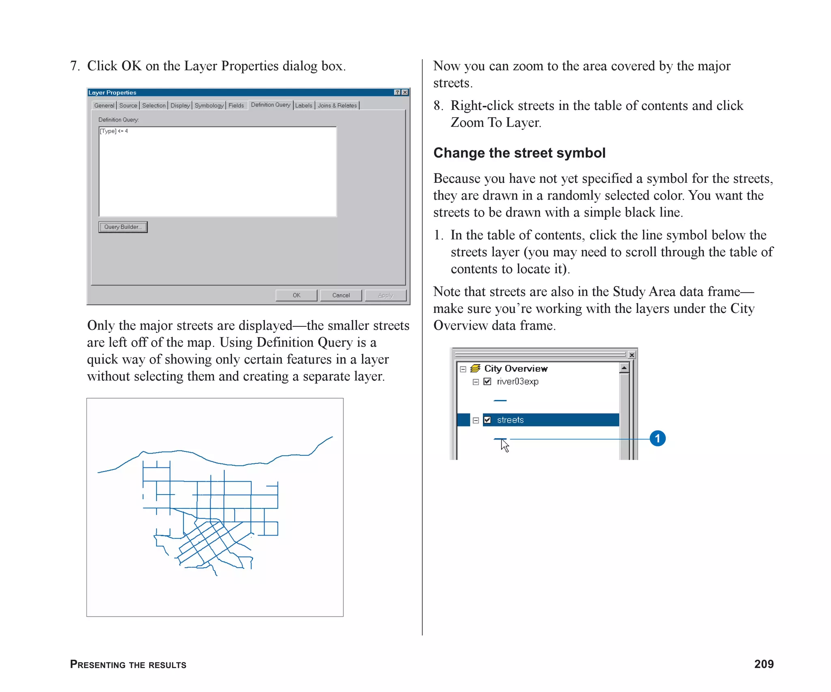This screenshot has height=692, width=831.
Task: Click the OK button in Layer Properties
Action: tap(296, 295)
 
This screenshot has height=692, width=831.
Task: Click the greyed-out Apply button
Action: tap(385, 295)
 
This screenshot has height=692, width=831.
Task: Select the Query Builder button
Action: tap(123, 227)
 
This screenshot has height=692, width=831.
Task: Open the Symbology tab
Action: tap(209, 105)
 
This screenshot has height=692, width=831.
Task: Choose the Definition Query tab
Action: tap(271, 105)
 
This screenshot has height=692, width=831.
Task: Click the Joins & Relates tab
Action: tap(337, 105)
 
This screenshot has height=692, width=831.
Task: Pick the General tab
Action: tap(104, 105)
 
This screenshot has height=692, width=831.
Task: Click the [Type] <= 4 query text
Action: tap(114, 131)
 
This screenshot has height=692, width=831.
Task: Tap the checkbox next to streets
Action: tap(487, 420)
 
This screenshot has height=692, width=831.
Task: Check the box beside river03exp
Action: tap(487, 381)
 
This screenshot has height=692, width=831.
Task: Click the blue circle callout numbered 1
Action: tap(657, 438)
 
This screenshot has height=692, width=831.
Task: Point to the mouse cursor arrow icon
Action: tap(504, 445)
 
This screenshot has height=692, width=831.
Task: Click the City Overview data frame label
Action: tap(515, 368)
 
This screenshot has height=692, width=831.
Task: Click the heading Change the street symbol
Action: tap(519, 153)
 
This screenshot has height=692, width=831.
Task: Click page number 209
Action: tap(764, 664)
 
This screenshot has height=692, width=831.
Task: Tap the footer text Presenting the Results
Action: tap(128, 664)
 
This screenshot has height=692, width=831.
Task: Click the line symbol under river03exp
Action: tap(500, 401)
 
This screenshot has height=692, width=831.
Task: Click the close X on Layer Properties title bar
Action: tap(405, 92)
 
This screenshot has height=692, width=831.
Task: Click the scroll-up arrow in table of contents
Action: tap(624, 368)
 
